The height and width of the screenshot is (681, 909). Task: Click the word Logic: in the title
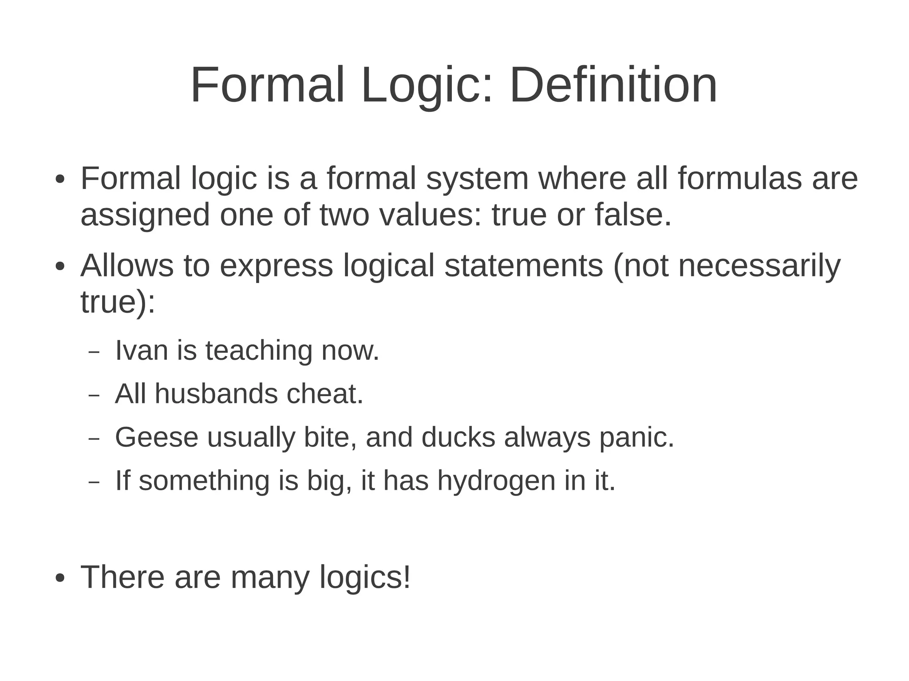pos(427,85)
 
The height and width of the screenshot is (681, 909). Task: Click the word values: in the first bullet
pos(430,215)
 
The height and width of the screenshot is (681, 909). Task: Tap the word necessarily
pos(759,266)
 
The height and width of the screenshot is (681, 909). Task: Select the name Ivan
pos(142,350)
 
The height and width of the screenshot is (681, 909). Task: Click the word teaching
pos(259,351)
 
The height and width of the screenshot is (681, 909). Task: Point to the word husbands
pos(216,394)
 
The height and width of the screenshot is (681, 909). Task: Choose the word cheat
pos(325,394)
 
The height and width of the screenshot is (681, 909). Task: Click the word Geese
pos(156,437)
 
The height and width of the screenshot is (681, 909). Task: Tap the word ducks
pos(458,437)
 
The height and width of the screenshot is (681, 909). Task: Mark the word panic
pos(636,438)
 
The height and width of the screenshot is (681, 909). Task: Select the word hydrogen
pos(496,481)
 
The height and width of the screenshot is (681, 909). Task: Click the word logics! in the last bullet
pos(365,578)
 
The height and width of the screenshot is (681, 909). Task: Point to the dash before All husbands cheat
pos(95,394)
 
